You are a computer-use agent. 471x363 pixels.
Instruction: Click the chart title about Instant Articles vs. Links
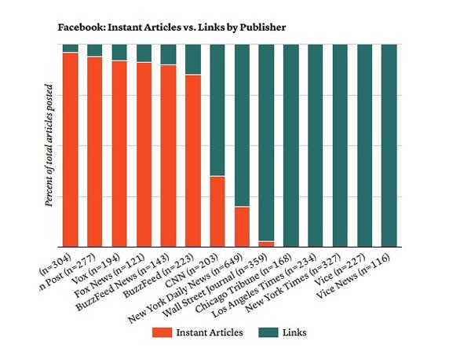(x=171, y=27)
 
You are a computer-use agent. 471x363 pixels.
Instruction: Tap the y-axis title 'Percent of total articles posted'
(x=49, y=145)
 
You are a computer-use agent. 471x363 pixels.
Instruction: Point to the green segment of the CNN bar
(x=217, y=110)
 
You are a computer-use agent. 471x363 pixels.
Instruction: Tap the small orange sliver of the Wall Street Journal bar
(x=266, y=244)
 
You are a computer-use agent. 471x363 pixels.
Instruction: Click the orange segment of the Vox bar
(x=119, y=153)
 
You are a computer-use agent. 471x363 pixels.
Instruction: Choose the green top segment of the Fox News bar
(x=144, y=53)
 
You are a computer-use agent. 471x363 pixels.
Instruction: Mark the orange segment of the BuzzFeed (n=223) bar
(x=193, y=160)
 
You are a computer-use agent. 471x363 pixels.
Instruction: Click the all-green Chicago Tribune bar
(x=291, y=145)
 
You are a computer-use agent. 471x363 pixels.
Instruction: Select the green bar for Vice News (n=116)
(x=389, y=145)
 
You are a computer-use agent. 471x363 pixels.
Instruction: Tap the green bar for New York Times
(x=340, y=145)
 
